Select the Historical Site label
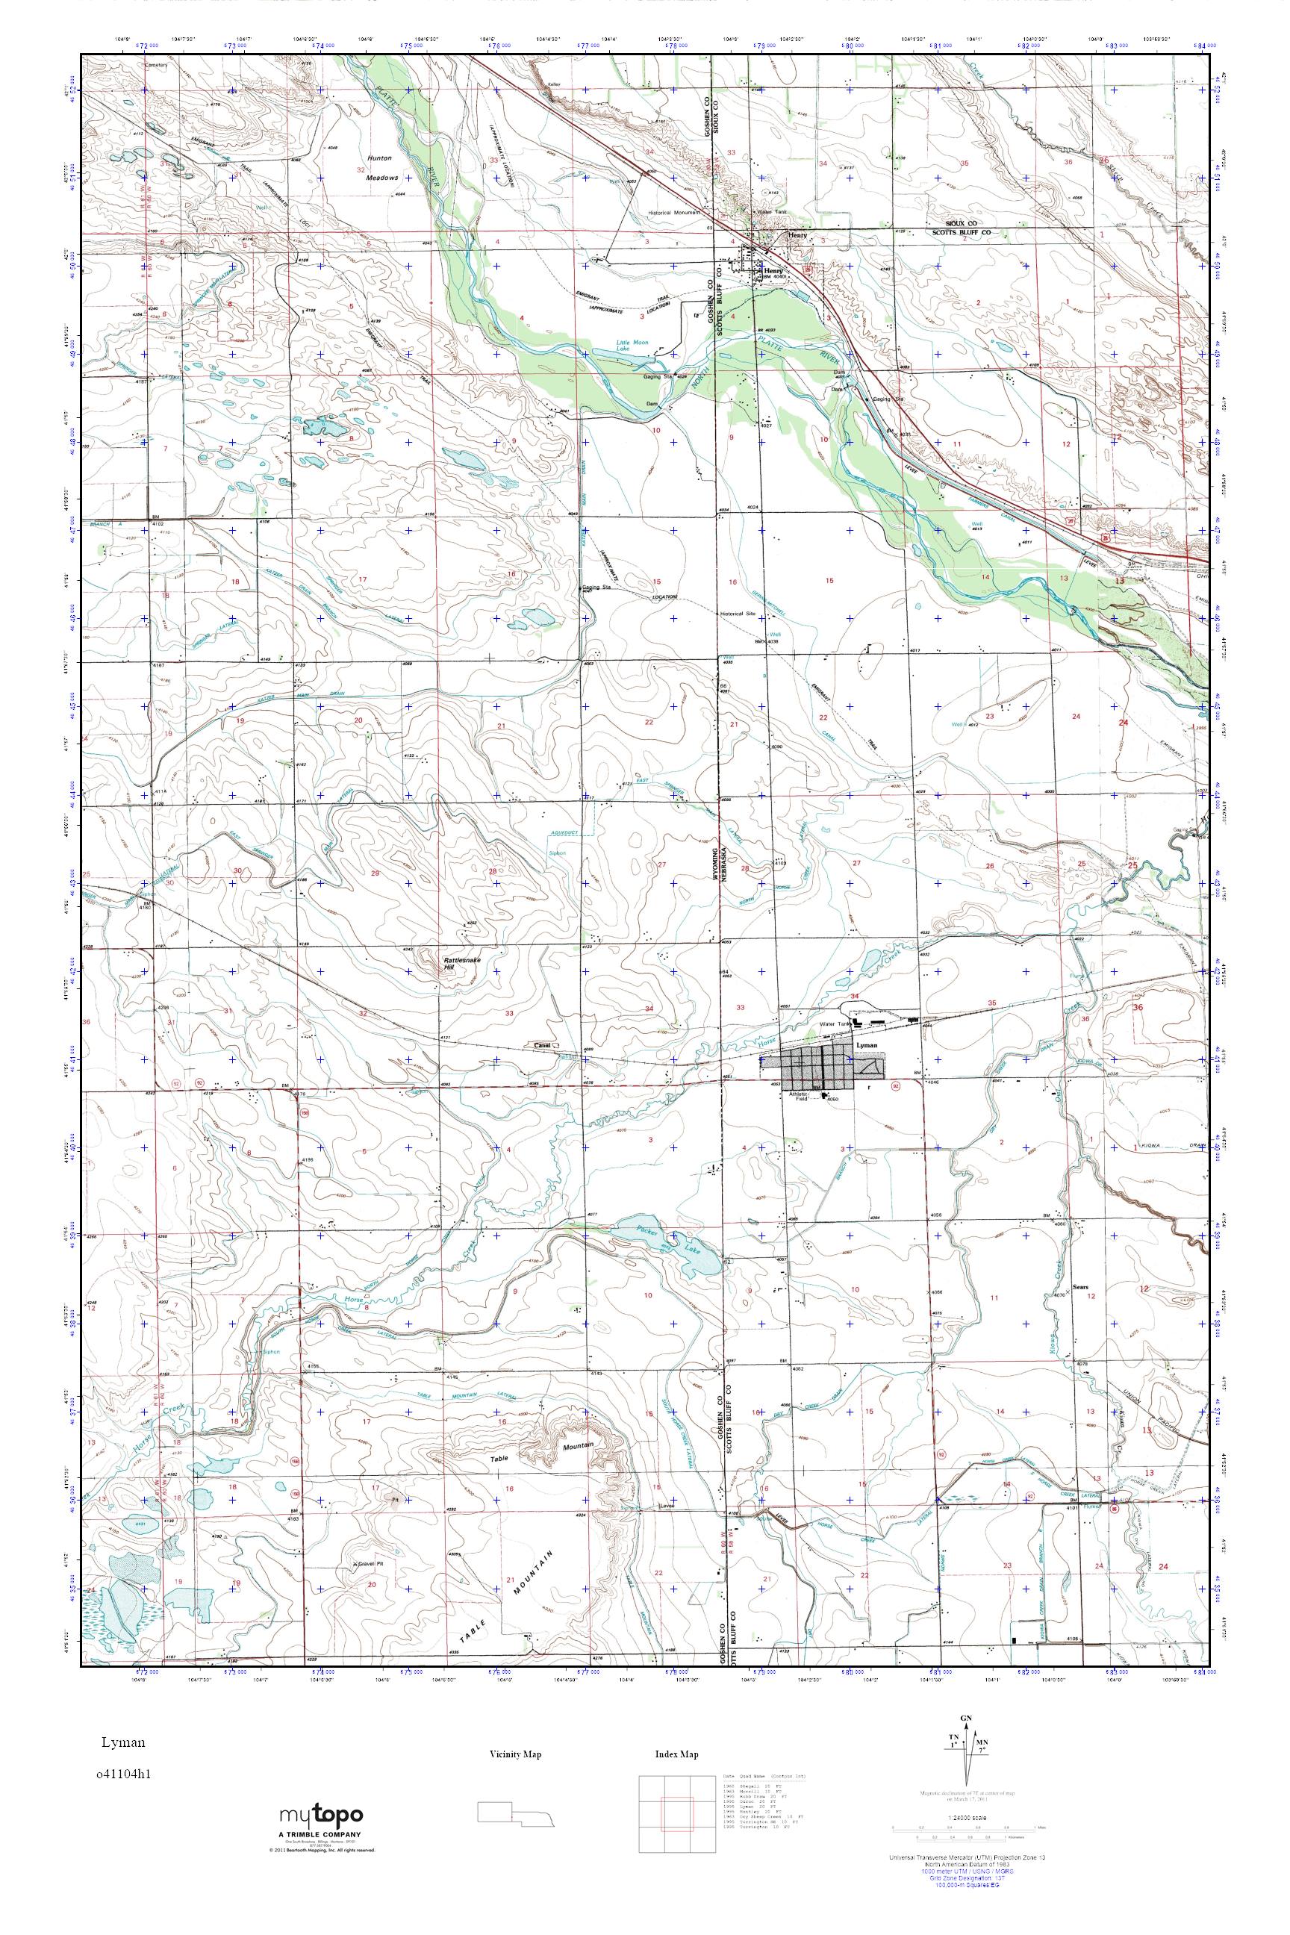pos(738,614)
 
